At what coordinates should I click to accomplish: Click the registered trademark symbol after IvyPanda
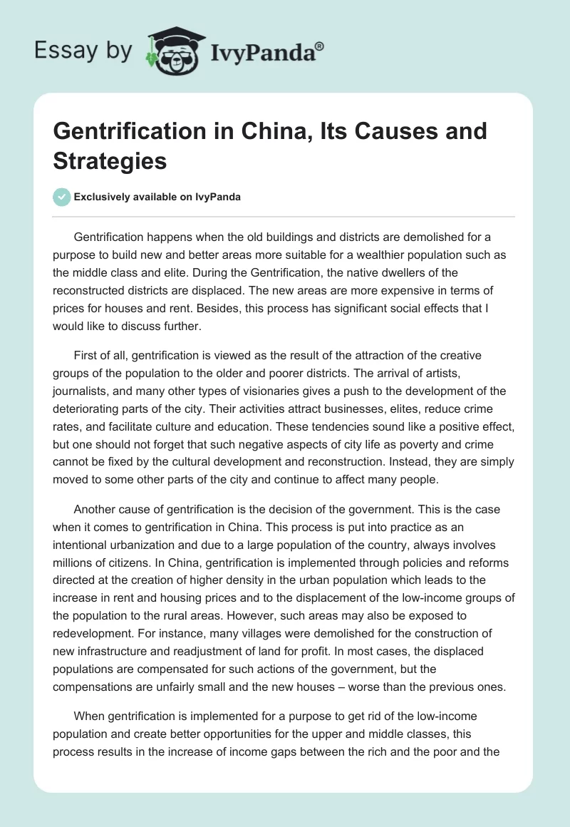pyautogui.click(x=320, y=46)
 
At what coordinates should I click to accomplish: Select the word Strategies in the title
pyautogui.click(x=110, y=160)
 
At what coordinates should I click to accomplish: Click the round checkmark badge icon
pyautogui.click(x=62, y=197)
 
